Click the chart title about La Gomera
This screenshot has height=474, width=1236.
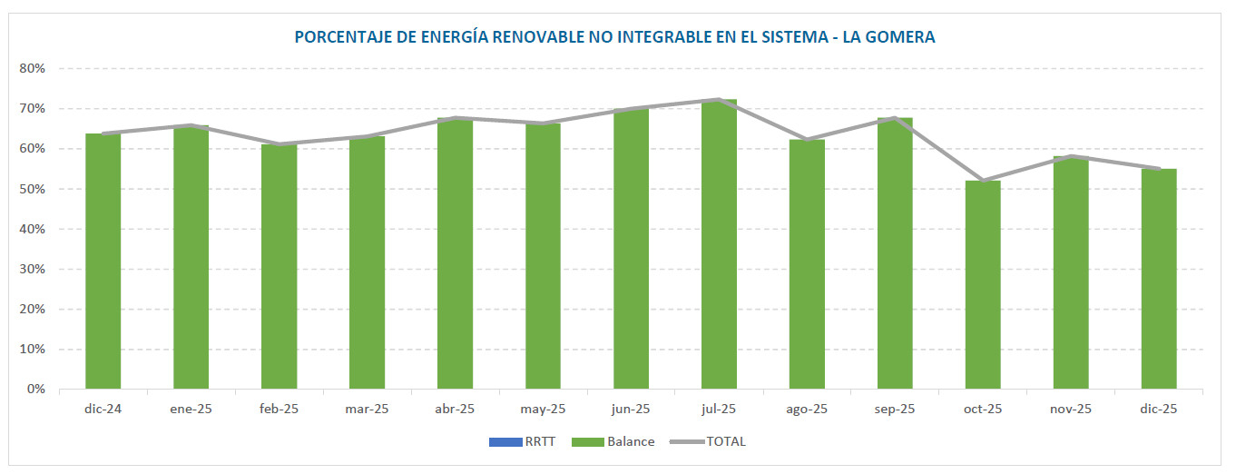tap(614, 37)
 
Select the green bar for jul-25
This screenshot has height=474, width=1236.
tap(719, 245)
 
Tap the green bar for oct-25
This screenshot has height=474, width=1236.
tap(983, 285)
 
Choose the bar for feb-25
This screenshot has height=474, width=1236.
tap(279, 267)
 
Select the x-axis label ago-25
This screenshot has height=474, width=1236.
tap(807, 410)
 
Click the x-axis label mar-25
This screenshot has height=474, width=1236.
tap(367, 410)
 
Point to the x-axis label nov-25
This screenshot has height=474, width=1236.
tap(1071, 410)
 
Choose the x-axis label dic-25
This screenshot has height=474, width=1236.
tap(1159, 410)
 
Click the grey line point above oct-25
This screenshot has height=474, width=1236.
tap(983, 181)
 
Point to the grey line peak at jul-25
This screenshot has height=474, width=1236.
tap(719, 100)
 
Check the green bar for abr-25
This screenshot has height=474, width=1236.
tap(455, 254)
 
